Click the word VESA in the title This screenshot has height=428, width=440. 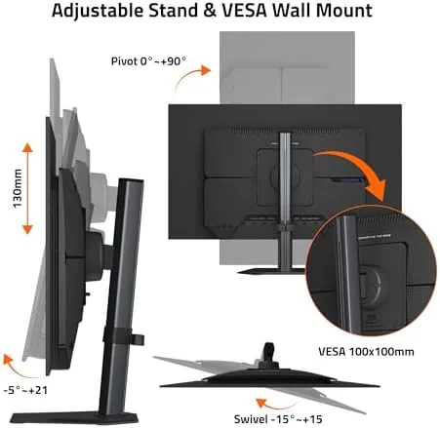[x=244, y=11]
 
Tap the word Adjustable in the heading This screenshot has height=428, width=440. [x=98, y=11]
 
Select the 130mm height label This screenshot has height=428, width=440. [x=18, y=188]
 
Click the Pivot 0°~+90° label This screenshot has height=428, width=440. [x=148, y=61]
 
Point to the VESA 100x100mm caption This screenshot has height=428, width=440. [x=366, y=352]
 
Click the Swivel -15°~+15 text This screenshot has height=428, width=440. [x=278, y=419]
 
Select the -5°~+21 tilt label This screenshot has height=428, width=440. [x=25, y=390]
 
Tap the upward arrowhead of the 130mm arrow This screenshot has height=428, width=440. [x=27, y=147]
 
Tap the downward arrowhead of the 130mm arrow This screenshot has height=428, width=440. [x=27, y=229]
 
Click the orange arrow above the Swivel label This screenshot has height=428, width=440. [x=275, y=404]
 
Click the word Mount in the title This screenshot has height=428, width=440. [x=344, y=11]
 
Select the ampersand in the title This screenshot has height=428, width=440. [x=210, y=11]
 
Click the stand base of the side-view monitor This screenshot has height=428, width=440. [x=74, y=417]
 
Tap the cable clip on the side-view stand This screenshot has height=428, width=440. [x=124, y=336]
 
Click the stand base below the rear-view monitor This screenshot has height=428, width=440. [x=270, y=271]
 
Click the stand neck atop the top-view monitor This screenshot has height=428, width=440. [x=268, y=354]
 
